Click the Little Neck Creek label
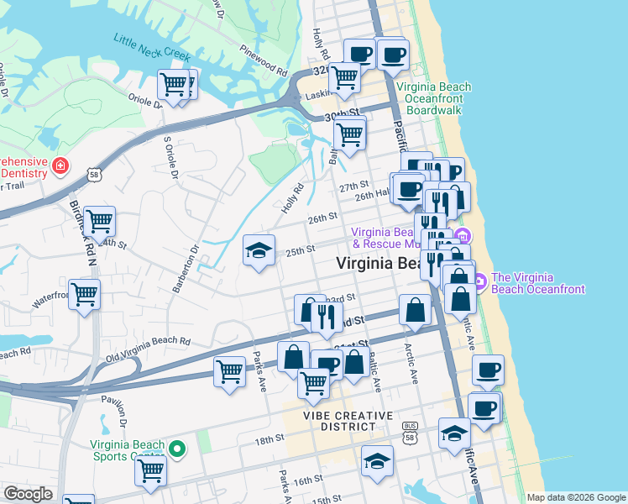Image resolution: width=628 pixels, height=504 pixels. coord(153,51)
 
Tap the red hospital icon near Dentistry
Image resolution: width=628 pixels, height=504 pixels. coord(60,165)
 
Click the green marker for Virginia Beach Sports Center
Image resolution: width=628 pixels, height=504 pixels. coord(176,449)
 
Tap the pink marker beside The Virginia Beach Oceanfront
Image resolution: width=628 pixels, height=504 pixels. coord(480,281)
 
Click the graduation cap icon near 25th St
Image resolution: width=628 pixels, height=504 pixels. coord(259,249)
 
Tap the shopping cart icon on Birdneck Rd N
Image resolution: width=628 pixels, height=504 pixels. coord(99,222)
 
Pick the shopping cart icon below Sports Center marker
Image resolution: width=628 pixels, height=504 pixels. coord(150,471)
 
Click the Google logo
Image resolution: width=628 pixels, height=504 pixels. coord(28,494)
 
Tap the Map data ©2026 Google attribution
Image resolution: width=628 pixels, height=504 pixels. coord(576,497)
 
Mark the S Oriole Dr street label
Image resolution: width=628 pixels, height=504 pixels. coord(170,157)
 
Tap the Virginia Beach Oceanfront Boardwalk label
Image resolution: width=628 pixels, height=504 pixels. coord(434,98)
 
